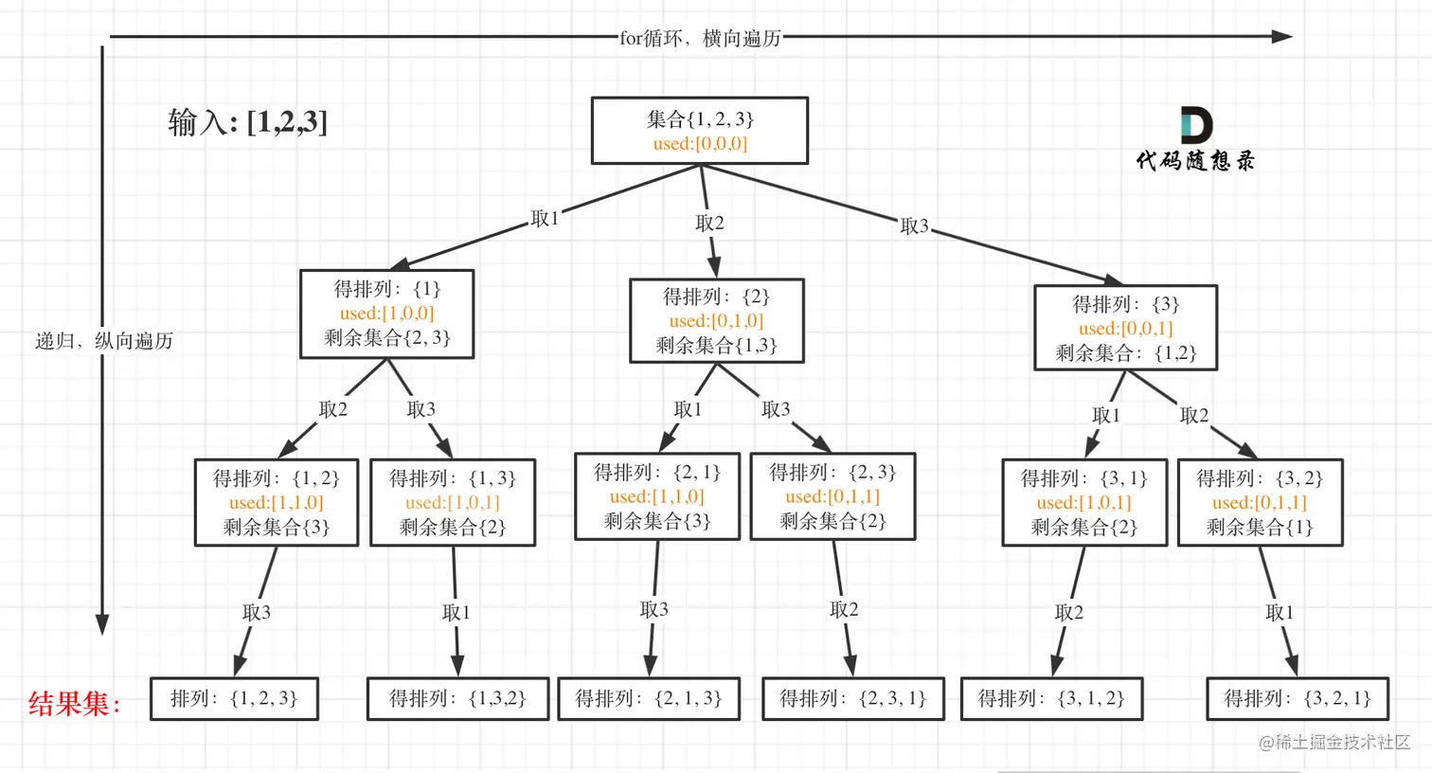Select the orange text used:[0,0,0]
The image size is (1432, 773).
point(700,144)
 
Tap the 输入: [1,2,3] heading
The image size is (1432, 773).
point(247,122)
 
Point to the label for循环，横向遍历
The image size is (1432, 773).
point(700,38)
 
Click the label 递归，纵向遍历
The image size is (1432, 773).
point(104,341)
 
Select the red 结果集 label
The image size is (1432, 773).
point(74,704)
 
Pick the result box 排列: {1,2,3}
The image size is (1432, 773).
point(234,699)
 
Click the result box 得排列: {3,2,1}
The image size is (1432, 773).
point(1298,699)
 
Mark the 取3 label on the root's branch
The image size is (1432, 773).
point(914,226)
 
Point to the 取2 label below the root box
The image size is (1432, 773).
point(709,223)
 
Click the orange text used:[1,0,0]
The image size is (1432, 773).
point(386,314)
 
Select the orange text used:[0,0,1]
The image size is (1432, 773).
point(1125,329)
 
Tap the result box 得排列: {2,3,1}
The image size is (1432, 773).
point(852,699)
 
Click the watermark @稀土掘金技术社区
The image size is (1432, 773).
point(1334,743)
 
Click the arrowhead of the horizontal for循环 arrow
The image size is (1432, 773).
point(1282,37)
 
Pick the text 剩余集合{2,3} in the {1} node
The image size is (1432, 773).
point(386,338)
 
